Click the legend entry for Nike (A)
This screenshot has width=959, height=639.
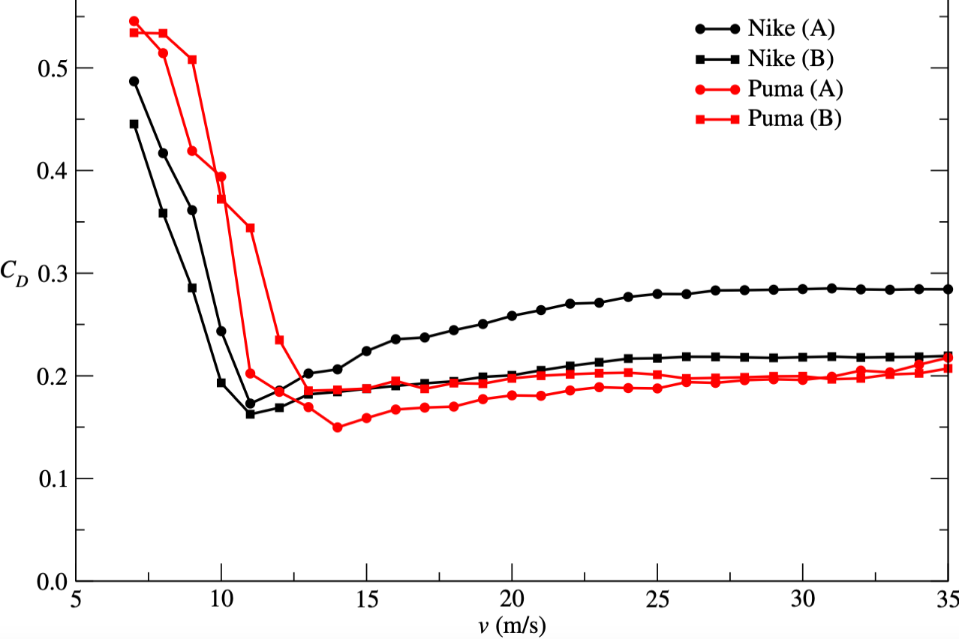pyautogui.click(x=791, y=30)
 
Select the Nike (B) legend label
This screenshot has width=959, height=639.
pyautogui.click(x=791, y=59)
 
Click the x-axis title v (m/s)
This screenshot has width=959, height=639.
pyautogui.click(x=512, y=626)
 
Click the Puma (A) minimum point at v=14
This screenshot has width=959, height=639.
pyautogui.click(x=338, y=427)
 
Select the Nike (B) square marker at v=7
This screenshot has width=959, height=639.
pyautogui.click(x=134, y=124)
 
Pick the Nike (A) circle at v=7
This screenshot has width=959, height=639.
pyautogui.click(x=134, y=81)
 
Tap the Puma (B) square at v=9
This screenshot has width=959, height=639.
pyautogui.click(x=192, y=59)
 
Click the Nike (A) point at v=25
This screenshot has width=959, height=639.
pyautogui.click(x=657, y=294)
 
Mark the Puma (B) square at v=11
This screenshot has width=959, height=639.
pyautogui.click(x=251, y=227)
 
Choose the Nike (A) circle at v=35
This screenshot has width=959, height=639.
pyautogui.click(x=948, y=289)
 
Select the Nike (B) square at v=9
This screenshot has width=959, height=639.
pyautogui.click(x=192, y=287)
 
